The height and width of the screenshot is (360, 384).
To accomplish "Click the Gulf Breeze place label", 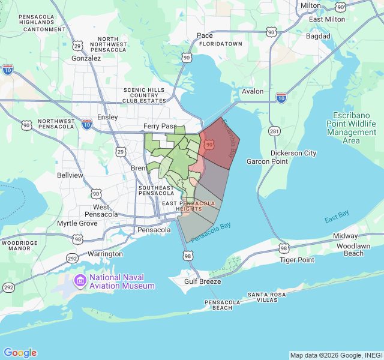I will (203, 281).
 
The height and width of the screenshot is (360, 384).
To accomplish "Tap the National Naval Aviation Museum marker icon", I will (80, 280).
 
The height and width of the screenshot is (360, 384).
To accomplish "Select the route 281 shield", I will (274, 131).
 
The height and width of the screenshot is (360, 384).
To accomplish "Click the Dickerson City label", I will (293, 153).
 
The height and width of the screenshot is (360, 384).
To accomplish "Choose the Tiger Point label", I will (297, 260).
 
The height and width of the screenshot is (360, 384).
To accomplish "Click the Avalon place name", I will (253, 91).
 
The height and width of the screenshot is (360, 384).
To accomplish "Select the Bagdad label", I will (318, 36).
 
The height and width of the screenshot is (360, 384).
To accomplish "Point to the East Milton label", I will (327, 19).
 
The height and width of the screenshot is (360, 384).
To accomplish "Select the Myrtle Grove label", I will (77, 223).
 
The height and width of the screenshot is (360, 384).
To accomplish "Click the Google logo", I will (20, 353).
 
